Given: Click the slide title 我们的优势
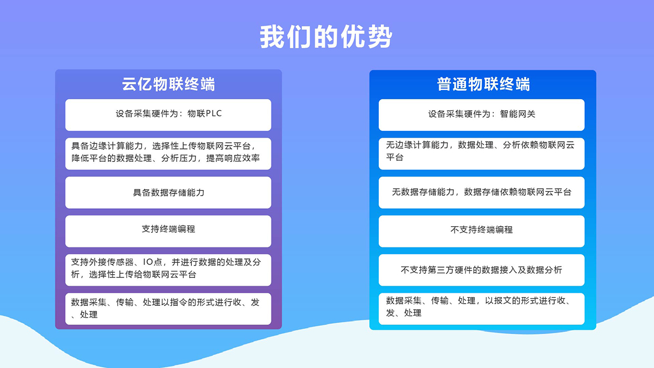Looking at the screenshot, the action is point(326,37).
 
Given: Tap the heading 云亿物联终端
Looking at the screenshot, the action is point(168,85).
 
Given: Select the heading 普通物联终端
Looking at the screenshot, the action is point(483,85).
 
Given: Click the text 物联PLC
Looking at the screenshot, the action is point(204,113).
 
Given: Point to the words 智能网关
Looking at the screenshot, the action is point(518,114).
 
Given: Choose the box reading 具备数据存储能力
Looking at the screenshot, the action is point(168,192).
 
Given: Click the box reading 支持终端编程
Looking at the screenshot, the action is point(168,231).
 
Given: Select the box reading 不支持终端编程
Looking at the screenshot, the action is point(481,231).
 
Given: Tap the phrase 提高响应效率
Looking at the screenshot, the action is point(233,158).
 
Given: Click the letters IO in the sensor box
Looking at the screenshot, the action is point(148,262).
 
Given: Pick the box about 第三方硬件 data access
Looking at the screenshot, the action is point(481,270).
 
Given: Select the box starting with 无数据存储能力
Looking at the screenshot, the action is point(481,192).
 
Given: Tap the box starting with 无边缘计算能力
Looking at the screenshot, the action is point(481,154).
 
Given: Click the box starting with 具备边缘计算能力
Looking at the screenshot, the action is point(168,154).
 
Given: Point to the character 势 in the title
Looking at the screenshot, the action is point(380,37).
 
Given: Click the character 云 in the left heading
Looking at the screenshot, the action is point(129,85).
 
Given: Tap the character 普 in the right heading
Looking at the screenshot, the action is point(444,85).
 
